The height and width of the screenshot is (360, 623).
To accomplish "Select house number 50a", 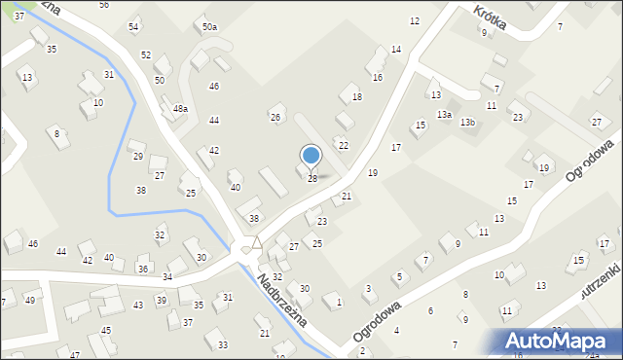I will [209, 27].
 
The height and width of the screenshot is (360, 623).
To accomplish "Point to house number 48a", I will [180, 108].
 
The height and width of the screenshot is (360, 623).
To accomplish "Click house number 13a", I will [444, 115].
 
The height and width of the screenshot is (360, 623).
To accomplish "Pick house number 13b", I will [468, 122].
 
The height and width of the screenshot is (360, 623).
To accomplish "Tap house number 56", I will [104, 5].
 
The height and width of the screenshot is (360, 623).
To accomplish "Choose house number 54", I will [133, 26].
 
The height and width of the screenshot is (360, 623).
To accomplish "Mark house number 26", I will [275, 118].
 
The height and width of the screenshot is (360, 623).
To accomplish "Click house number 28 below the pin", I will [312, 179].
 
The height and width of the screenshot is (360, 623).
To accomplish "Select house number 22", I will [344, 144].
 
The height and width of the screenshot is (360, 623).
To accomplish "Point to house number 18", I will [357, 97].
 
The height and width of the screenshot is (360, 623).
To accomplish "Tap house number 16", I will [378, 77].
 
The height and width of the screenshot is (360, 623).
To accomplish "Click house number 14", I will [396, 49].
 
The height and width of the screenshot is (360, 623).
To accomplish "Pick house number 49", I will [29, 300].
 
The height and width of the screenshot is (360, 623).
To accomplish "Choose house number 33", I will [223, 344].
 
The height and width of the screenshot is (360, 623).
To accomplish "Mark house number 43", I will [138, 305].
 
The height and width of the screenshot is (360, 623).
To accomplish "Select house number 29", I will [138, 156].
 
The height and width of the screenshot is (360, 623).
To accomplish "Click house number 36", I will [143, 269].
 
